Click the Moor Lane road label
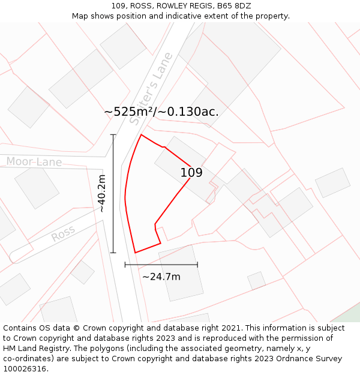(x=34, y=162)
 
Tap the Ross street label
(x=63, y=233)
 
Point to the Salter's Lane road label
(x=151, y=88)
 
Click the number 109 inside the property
(x=191, y=173)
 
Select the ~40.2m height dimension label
(x=102, y=193)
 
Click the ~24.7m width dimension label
(x=161, y=277)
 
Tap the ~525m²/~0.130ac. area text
(x=161, y=112)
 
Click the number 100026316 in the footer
(x=25, y=369)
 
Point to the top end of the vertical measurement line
(x=113, y=134)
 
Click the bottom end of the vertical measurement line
(x=113, y=253)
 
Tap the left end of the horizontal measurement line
(x=125, y=265)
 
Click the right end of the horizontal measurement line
(x=197, y=265)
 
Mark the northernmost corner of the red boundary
(x=141, y=134)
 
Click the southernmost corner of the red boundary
(x=135, y=253)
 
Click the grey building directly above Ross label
(x=37, y=187)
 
